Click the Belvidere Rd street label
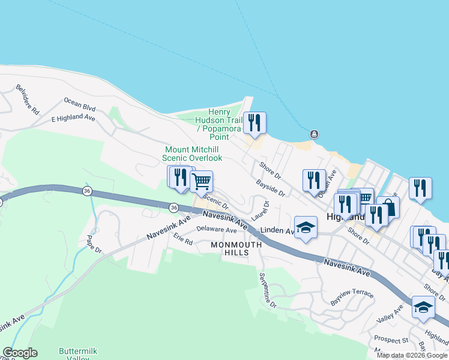point(28,100)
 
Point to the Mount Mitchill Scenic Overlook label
point(192,154)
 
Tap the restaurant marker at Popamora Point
point(255,123)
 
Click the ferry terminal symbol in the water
point(313,134)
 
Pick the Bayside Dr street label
point(270,189)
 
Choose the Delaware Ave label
point(217,230)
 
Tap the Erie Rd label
point(182,241)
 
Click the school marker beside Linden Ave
point(306,227)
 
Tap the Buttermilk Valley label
point(78,354)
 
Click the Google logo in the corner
point(20,353)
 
